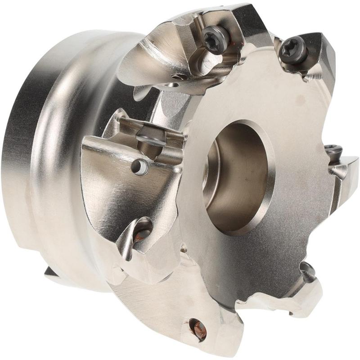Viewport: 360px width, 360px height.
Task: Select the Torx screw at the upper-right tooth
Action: (288, 49)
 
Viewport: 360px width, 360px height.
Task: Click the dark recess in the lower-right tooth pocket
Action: (309, 270)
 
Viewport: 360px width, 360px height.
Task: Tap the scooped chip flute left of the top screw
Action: (162, 54)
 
